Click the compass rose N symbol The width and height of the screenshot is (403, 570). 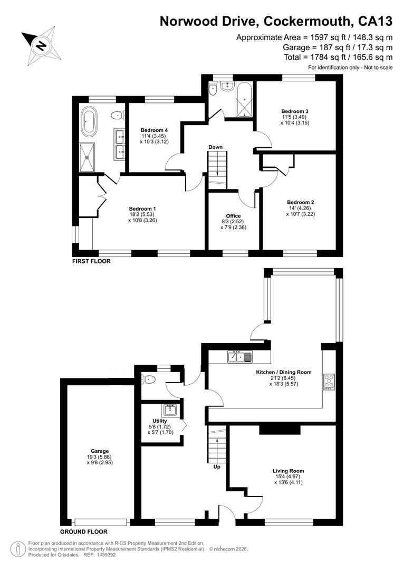pos(41,46)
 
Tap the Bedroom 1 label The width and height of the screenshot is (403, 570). pos(142,208)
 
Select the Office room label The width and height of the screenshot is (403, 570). pos(233,216)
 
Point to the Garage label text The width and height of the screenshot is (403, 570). pos(100,451)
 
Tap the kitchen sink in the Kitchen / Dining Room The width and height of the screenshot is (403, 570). pos(240,357)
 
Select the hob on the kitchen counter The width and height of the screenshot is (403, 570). pos(329,382)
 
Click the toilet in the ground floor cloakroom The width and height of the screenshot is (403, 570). pos(149,379)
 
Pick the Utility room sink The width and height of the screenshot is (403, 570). pos(170,410)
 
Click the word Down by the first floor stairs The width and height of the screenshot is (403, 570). pos(216,147)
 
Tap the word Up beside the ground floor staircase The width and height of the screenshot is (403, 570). pos(217,467)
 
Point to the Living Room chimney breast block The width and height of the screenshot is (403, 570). pos(280,429)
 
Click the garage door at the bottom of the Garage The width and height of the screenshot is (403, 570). pos(101,522)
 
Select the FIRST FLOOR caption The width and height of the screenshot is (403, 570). pos(91,261)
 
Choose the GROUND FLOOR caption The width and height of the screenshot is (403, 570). pos(84,532)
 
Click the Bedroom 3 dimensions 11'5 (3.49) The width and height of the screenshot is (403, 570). pos(295,117)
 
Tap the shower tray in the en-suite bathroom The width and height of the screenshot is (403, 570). pos(87,157)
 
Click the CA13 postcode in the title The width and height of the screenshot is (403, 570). pos(376,22)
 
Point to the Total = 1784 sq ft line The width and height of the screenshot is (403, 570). pos(338,57)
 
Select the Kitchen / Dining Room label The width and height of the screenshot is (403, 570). pos(284,372)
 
